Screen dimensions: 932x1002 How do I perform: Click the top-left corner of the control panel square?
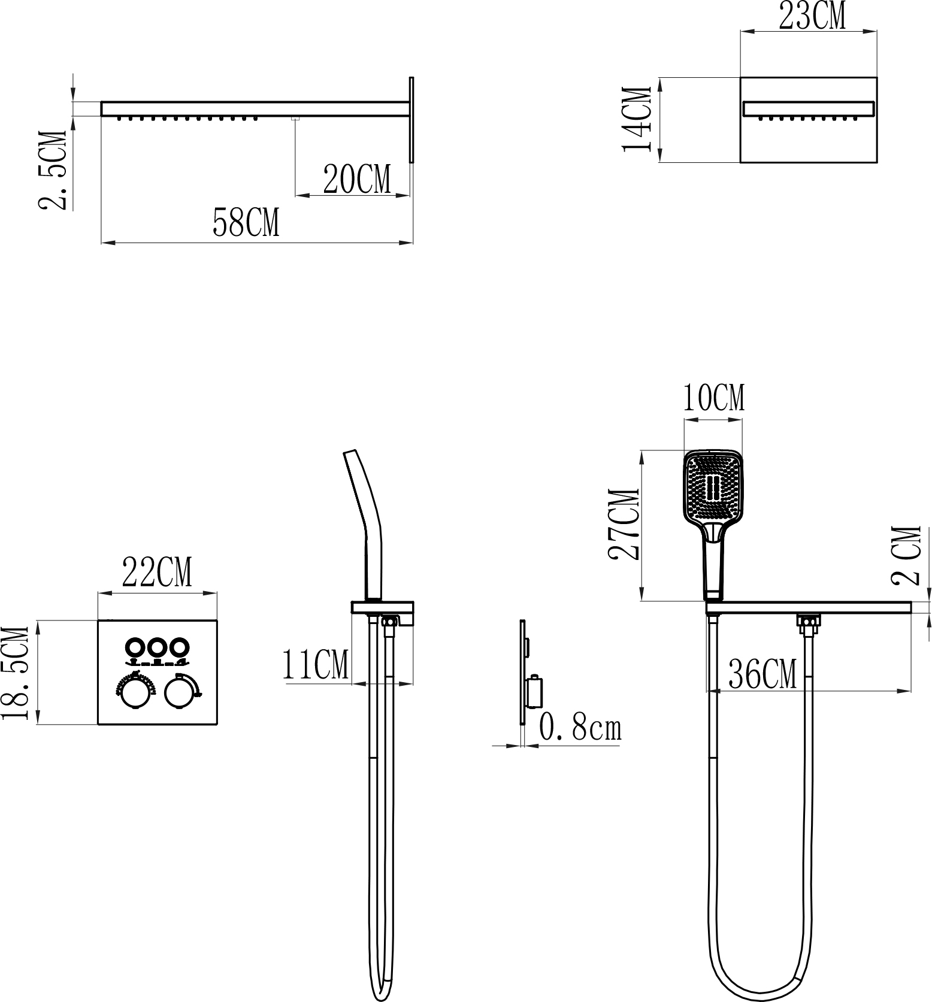click(x=98, y=620)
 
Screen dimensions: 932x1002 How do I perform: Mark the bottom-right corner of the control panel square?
click(x=217, y=724)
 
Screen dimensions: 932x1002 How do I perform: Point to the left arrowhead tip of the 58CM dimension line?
click(x=101, y=243)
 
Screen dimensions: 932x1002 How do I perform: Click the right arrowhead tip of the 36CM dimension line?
click(x=911, y=691)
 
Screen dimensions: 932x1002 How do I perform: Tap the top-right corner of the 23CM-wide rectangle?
click(x=877, y=77)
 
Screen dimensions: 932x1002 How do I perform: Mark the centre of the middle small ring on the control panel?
click(x=158, y=647)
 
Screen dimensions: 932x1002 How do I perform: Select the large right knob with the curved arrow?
click(x=178, y=694)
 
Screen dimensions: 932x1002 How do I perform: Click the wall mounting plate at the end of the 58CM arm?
click(x=411, y=119)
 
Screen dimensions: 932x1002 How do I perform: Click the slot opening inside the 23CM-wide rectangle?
click(x=809, y=109)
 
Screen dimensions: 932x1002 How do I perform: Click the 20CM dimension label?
click(x=357, y=179)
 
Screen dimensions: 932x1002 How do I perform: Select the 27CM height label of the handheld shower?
click(x=624, y=525)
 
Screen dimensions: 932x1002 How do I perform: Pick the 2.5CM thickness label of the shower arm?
click(x=53, y=170)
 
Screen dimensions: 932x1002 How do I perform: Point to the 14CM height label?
click(x=637, y=120)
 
